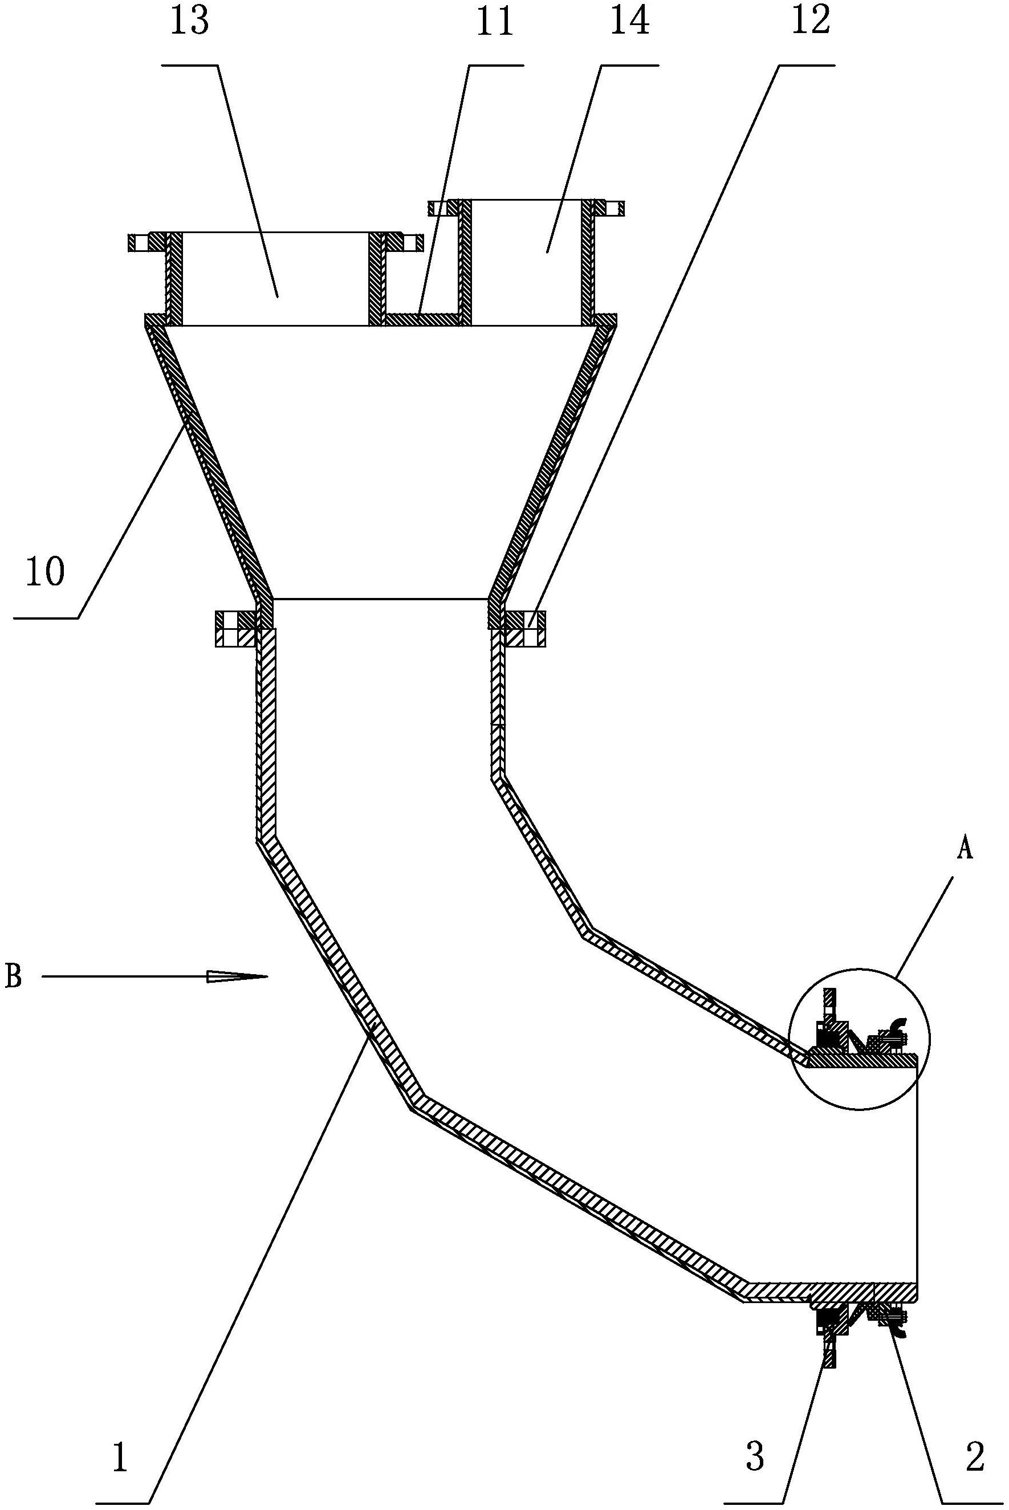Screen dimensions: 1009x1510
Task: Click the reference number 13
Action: [190, 21]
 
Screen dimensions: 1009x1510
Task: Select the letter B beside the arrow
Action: [14, 976]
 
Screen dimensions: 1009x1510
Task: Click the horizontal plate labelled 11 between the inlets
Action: [421, 319]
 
